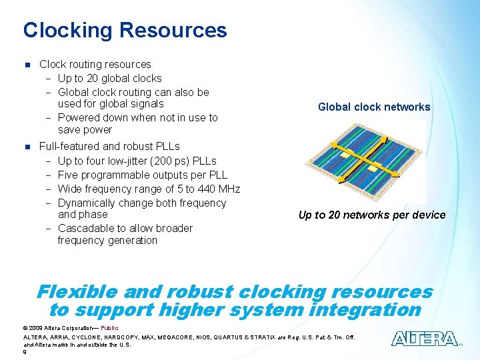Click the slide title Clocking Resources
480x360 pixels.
click(125, 31)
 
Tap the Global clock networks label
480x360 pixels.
click(374, 107)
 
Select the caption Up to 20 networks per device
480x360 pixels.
click(371, 215)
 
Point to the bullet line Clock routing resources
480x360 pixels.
click(95, 65)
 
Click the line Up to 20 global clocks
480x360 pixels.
click(109, 79)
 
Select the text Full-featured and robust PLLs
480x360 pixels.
click(109, 146)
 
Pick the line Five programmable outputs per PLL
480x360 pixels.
click(143, 175)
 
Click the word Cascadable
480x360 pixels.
click(86, 229)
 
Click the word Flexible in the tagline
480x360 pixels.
click(77, 292)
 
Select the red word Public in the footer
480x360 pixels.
click(109, 328)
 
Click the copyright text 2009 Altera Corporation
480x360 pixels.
click(60, 328)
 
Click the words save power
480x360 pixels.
click(85, 130)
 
